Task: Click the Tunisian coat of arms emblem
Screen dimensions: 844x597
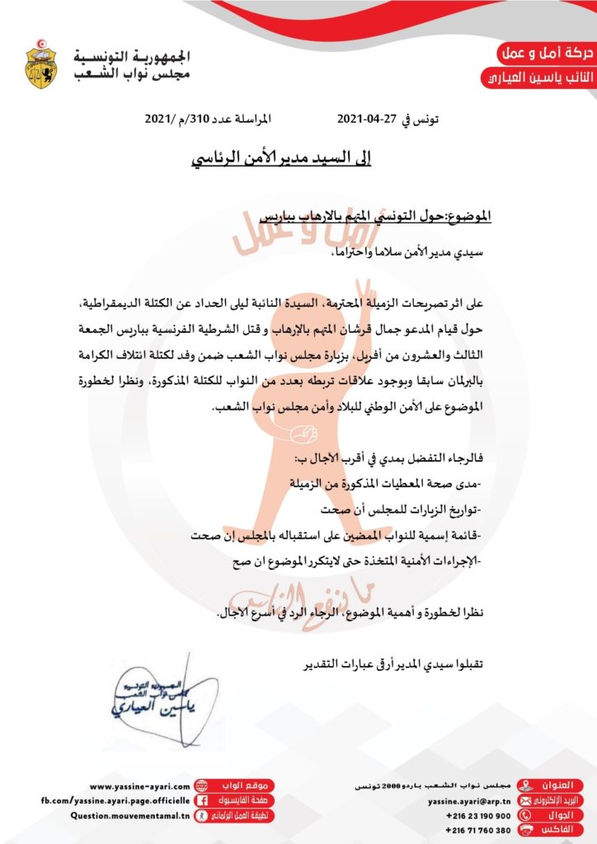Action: (x=41, y=63)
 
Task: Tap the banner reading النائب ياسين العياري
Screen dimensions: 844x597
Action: (x=536, y=78)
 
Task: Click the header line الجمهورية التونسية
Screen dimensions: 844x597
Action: (x=132, y=57)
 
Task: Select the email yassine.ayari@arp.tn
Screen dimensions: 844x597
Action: (x=469, y=800)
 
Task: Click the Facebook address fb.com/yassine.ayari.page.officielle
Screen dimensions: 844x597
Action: (x=115, y=800)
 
